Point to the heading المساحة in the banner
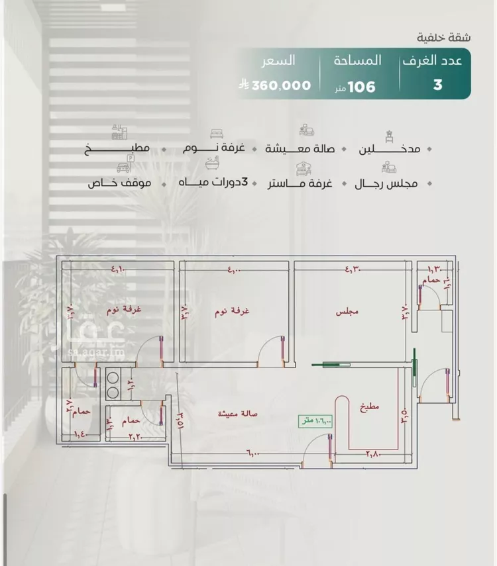pos(357,61)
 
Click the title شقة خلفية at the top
pos(445,36)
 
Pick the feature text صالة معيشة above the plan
pos(302,148)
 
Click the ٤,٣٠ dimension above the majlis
pos(351,269)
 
